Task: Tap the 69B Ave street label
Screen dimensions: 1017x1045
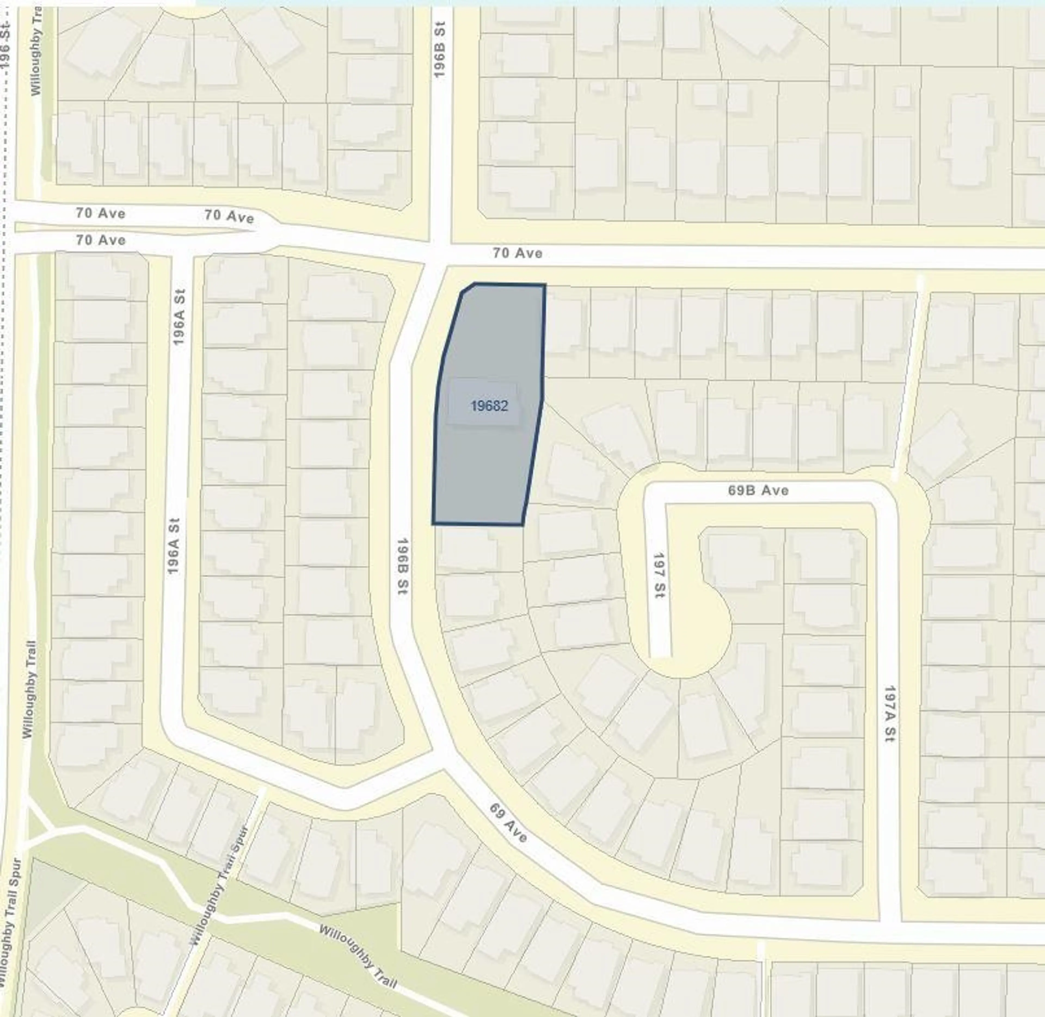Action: (x=758, y=490)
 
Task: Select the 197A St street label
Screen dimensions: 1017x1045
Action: (x=889, y=714)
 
